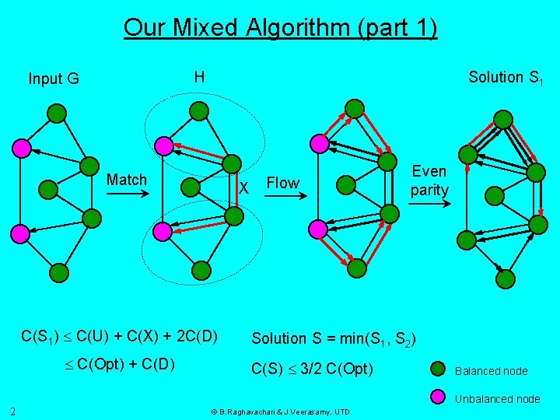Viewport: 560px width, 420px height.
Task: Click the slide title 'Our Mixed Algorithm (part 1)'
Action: [280, 29]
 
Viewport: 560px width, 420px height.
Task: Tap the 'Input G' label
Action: [54, 79]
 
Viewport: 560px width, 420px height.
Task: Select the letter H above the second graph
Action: [200, 77]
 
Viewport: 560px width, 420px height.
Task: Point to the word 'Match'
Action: [127, 180]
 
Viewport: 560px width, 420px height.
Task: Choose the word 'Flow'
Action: [282, 183]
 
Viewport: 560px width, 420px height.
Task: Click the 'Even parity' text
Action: [429, 180]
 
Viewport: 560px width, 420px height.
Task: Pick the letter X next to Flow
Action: [243, 187]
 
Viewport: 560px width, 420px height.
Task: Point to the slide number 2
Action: [15, 411]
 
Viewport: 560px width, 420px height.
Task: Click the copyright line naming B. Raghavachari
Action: [281, 411]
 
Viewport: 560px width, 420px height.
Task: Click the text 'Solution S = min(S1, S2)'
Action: [334, 339]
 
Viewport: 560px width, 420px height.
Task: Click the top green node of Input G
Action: [57, 114]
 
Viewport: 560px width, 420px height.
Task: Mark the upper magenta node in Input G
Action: [22, 147]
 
